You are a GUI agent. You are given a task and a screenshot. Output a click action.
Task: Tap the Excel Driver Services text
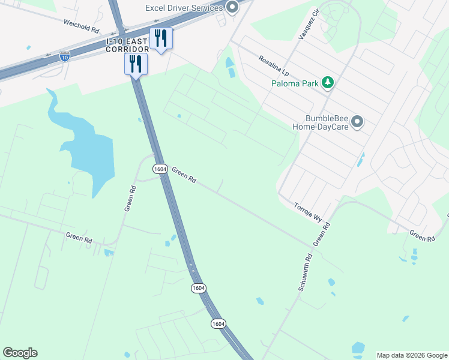tap(184, 8)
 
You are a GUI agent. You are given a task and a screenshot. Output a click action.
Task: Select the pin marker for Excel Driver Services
tap(232, 8)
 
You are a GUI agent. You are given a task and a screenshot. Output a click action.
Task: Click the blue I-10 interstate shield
tap(64, 56)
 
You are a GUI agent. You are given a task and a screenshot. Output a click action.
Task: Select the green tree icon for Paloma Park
tap(328, 83)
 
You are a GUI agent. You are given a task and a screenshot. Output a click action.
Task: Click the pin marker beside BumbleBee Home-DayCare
tap(358, 122)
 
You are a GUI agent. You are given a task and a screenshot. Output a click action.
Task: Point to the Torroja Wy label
tap(308, 212)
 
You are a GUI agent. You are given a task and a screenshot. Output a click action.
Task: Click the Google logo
tap(20, 353)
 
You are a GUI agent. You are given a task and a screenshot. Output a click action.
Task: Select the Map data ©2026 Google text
tap(411, 355)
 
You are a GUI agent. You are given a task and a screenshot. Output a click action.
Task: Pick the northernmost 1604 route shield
tap(159, 169)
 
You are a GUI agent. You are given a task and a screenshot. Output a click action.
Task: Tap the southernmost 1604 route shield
tap(218, 323)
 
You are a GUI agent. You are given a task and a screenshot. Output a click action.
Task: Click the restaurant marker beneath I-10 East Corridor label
tap(136, 64)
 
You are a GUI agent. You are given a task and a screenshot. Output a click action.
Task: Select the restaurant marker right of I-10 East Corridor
tap(161, 39)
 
